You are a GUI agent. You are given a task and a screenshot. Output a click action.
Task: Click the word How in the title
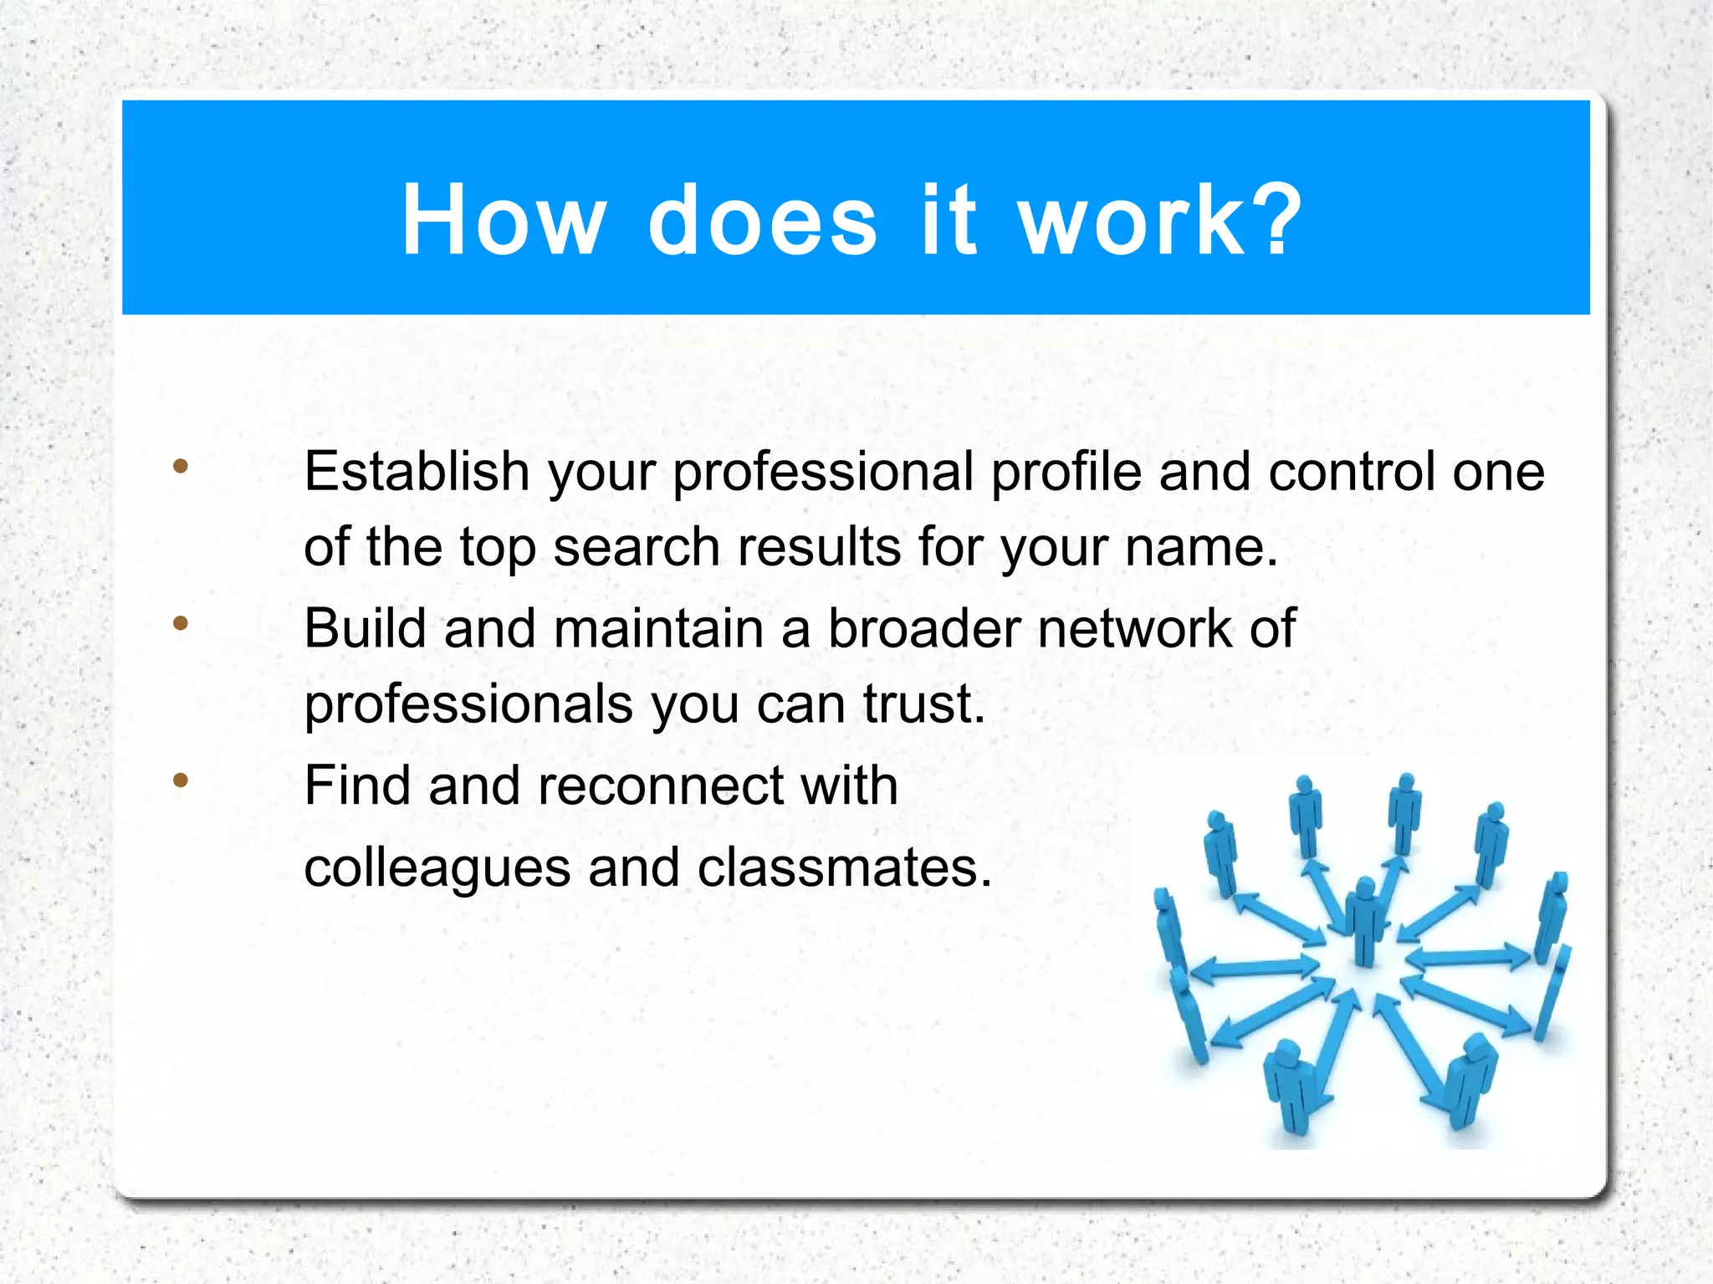coord(503,220)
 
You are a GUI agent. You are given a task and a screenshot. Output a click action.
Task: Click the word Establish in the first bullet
coord(417,471)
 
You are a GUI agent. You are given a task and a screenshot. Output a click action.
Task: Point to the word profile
coord(1066,471)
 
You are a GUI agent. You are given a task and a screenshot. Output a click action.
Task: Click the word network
coord(1134,628)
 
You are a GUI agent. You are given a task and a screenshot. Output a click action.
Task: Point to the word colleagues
coord(437,868)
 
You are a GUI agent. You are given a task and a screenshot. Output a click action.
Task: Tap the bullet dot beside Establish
coord(181,466)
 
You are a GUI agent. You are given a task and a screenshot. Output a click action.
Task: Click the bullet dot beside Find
coord(181,780)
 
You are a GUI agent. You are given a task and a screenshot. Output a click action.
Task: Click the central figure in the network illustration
coord(1365,920)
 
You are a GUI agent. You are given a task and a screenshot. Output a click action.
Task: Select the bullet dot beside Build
coord(181,623)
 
